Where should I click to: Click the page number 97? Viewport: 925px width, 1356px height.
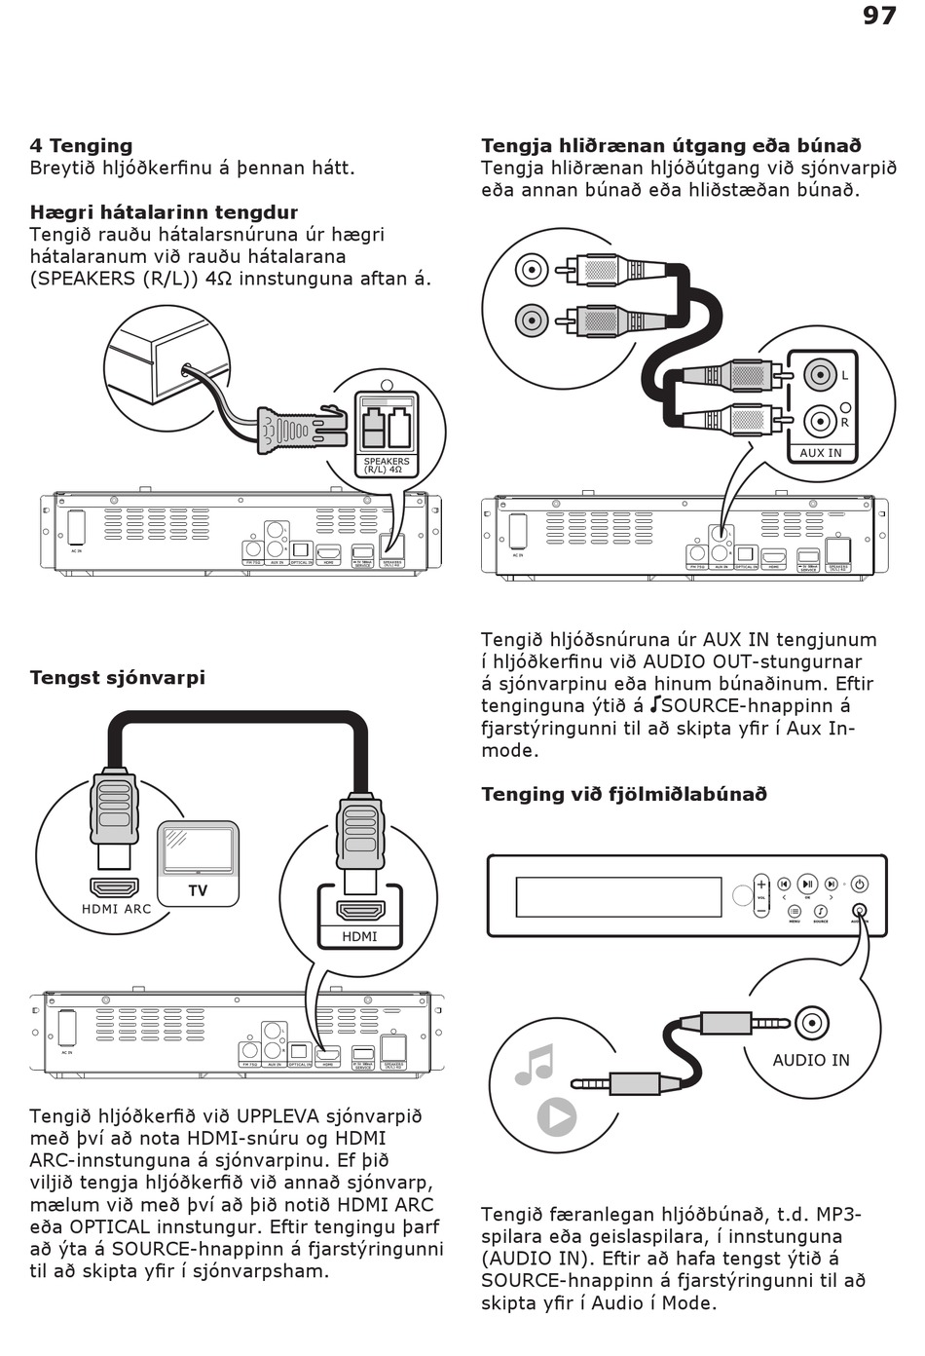pos(878,16)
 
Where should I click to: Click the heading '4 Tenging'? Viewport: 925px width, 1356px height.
pos(81,146)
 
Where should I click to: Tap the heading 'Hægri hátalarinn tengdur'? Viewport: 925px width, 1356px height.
pos(164,212)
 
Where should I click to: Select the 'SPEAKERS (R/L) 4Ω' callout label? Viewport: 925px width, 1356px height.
pos(387,465)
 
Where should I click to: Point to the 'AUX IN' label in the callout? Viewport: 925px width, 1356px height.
pos(820,453)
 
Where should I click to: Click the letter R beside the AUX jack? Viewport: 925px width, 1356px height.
pos(844,423)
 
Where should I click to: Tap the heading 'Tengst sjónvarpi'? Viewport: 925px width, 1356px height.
pos(117,678)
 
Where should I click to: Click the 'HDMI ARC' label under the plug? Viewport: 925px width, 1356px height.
pos(116,909)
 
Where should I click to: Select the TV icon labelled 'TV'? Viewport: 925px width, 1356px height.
pos(198,863)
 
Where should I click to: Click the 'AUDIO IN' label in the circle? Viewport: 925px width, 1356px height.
pos(810,1060)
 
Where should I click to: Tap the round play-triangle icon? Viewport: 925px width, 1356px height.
pos(556,1116)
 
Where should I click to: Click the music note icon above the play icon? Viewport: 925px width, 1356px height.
pos(534,1065)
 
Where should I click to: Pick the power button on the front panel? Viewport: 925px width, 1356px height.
pos(859,885)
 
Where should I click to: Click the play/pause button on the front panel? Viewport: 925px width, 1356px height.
pos(807,885)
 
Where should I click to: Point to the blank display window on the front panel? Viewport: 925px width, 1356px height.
pos(618,897)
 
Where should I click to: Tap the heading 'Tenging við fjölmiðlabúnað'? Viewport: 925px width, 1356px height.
pos(624,794)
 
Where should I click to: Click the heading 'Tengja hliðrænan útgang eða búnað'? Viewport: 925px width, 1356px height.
pos(671,146)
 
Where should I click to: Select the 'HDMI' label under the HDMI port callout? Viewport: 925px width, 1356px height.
pos(359,936)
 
